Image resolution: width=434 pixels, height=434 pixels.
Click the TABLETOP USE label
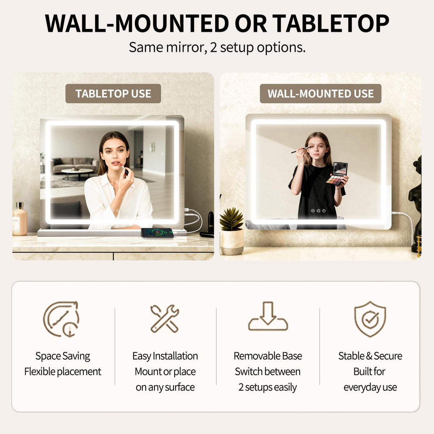click(113, 93)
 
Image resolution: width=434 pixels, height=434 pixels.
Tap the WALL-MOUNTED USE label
click(320, 93)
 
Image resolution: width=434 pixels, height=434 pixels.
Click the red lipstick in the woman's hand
click(124, 169)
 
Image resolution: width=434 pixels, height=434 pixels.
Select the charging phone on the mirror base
click(157, 233)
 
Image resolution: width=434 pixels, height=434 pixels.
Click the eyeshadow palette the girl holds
click(337, 174)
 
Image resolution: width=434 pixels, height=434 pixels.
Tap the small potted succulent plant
click(232, 231)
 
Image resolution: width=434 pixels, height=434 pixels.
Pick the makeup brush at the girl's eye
click(301, 150)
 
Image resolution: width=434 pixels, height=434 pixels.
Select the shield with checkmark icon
click(370, 319)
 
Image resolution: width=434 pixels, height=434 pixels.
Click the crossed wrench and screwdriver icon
click(165, 319)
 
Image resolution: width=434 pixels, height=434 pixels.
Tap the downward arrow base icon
click(268, 316)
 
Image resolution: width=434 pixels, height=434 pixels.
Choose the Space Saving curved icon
click(61, 319)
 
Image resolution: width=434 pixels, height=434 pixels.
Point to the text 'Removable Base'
click(268, 356)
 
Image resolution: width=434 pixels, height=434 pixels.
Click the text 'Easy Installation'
click(165, 356)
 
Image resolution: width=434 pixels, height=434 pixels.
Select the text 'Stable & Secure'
click(370, 356)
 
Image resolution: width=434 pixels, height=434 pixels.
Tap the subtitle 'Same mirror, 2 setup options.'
click(217, 48)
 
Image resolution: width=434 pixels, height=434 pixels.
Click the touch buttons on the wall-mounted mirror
click(318, 210)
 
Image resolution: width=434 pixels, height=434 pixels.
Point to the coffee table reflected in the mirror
click(77, 174)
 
